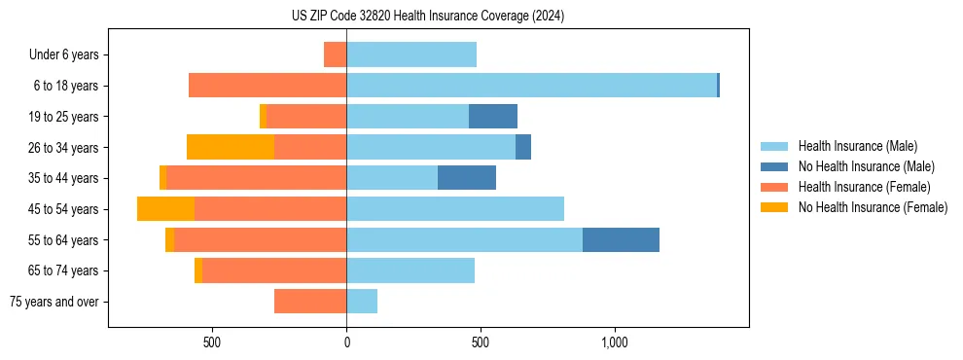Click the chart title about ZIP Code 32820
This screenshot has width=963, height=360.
click(x=427, y=17)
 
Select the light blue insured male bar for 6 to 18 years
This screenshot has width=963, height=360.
click(x=531, y=86)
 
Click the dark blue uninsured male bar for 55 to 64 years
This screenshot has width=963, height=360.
click(x=621, y=239)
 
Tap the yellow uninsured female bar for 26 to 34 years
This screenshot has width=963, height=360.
click(x=231, y=147)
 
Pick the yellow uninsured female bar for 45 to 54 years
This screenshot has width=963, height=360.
click(x=165, y=209)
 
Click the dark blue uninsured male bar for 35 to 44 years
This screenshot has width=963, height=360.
click(x=467, y=178)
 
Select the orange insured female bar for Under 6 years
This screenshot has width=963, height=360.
click(x=335, y=54)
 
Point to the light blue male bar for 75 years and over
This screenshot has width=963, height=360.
click(x=362, y=302)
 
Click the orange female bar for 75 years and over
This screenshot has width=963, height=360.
click(x=310, y=302)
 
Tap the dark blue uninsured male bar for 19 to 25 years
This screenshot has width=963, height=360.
click(x=493, y=117)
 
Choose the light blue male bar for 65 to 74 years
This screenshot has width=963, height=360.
click(x=410, y=270)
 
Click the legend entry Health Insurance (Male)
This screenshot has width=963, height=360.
click(x=857, y=146)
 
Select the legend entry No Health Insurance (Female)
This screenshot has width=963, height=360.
click(x=873, y=207)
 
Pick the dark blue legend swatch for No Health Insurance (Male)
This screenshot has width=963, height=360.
click(x=774, y=166)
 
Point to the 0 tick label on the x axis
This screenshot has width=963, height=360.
click(x=346, y=342)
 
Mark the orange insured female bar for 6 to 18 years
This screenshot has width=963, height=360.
click(x=267, y=86)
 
